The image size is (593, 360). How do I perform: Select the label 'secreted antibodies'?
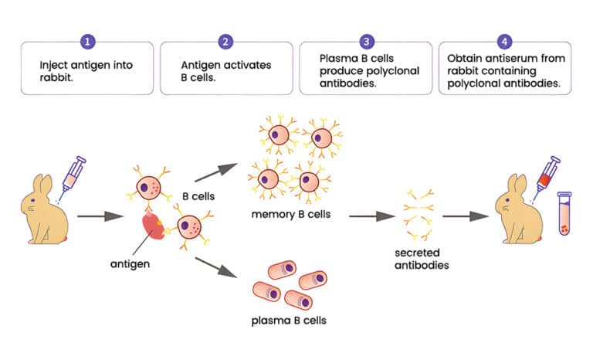click(x=420, y=259)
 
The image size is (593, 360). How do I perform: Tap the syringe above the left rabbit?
click(x=71, y=174)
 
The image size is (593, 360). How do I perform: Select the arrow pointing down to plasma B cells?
click(x=217, y=267)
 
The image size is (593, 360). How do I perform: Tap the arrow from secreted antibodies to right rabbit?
click(x=465, y=216)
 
